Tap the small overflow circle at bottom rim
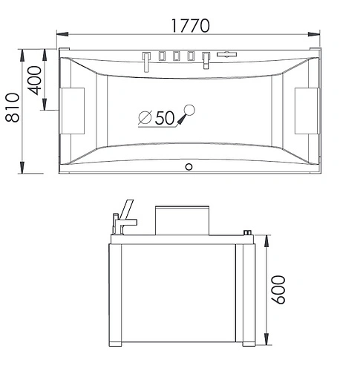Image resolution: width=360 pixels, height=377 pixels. tap(189, 165)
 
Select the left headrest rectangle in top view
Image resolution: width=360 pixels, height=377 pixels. tap(75, 111)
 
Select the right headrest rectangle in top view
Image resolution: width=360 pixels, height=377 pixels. tap(306, 111)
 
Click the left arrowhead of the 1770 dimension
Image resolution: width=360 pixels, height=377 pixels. tap(61, 35)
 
